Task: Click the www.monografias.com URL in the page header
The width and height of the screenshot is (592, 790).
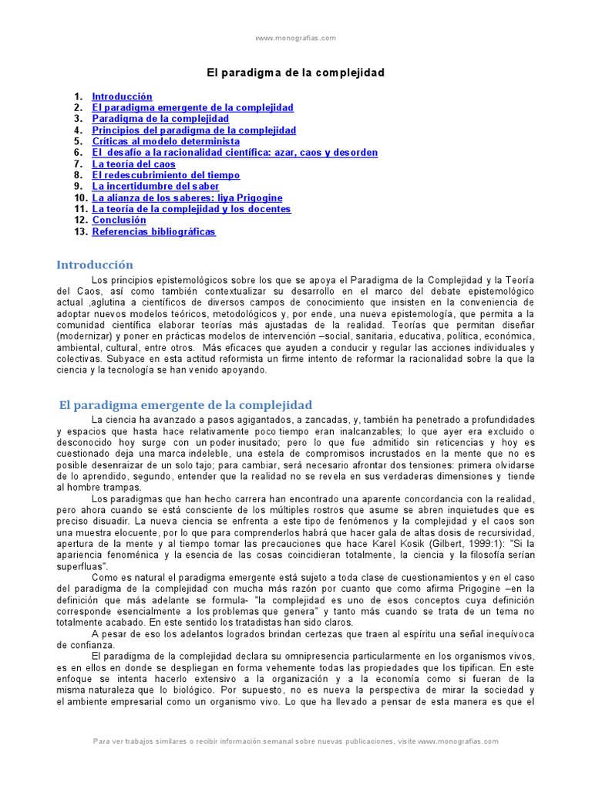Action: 295,38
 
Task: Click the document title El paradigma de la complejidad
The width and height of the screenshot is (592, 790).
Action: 295,73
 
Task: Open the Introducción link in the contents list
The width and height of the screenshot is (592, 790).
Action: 122,96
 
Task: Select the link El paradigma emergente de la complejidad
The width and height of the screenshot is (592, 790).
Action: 193,108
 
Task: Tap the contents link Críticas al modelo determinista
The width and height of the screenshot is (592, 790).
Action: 166,142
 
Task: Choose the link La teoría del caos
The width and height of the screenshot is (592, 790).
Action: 134,164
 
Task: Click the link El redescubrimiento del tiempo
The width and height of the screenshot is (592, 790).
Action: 166,175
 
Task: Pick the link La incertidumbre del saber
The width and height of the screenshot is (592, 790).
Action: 156,187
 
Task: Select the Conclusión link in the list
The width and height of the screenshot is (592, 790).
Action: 119,221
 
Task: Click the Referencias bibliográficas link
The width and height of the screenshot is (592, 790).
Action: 154,231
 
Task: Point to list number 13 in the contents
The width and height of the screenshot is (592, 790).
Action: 79,231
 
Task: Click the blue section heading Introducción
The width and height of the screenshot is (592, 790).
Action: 95,265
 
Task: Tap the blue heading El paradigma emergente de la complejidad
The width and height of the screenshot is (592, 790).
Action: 186,405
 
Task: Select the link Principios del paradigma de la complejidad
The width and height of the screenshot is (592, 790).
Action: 194,130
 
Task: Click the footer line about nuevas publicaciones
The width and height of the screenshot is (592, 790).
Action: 295,741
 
